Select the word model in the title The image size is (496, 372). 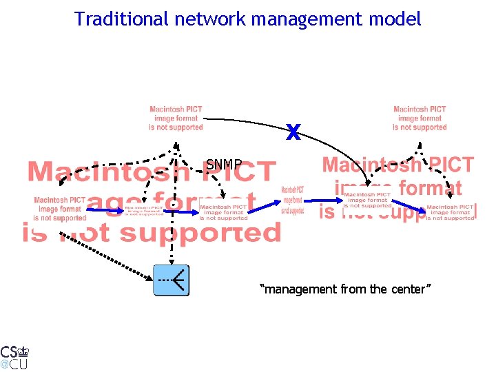pos(395,19)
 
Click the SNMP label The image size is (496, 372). pos(224,165)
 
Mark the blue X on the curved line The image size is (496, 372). pos(293,132)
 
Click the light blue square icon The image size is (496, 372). pos(170,280)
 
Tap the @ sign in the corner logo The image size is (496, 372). pos(4,364)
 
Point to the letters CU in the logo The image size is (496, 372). pos(19,364)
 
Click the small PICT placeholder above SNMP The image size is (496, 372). pos(176,118)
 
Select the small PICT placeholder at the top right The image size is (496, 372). pos(420,118)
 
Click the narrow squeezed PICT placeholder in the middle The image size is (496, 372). pos(293,200)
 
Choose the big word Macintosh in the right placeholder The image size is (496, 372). pos(371,165)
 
